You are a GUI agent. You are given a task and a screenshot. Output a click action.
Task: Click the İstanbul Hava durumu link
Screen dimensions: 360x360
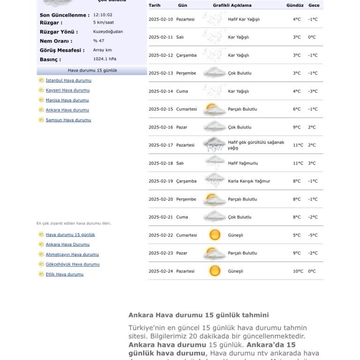point(68,80)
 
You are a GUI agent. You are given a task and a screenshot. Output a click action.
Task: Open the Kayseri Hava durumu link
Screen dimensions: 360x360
point(67,90)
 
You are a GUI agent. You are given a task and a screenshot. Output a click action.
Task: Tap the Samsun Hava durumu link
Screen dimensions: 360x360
point(68,120)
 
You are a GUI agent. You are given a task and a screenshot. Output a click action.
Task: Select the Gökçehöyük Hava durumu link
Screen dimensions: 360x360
point(73,264)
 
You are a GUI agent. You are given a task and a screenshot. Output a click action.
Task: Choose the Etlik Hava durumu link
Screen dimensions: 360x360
point(65,274)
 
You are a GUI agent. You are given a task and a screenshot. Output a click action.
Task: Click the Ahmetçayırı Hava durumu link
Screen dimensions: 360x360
point(72,255)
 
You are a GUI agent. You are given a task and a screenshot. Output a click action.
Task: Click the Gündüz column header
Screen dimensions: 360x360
point(295,6)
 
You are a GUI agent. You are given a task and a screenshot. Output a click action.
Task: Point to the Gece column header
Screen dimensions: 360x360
point(314,6)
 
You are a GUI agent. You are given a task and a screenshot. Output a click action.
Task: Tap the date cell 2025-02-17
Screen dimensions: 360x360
point(161,145)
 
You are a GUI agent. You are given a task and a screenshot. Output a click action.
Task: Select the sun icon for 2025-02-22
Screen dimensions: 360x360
point(215,235)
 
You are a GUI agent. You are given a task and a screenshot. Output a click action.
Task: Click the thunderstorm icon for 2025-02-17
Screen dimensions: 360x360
point(215,145)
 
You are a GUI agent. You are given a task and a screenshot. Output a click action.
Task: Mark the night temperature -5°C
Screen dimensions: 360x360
point(313,235)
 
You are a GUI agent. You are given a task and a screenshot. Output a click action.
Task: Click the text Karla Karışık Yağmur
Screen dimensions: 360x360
point(249,181)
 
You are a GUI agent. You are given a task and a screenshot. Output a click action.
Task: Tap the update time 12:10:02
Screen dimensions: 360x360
point(103,15)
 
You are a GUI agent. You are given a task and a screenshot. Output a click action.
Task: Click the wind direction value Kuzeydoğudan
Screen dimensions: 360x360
point(108,31)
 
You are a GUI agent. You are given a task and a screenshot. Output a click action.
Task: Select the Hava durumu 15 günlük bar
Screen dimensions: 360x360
point(92,70)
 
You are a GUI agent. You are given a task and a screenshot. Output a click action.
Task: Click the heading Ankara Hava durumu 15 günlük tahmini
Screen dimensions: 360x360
point(199,315)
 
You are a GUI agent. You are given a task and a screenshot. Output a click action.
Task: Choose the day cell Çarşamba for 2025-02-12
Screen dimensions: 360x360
point(186,55)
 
